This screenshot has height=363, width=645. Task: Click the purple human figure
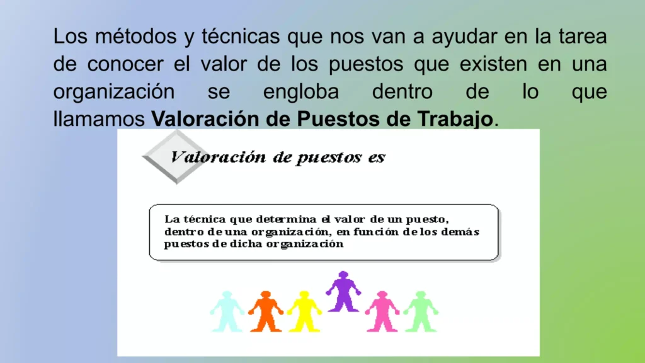click(343, 291)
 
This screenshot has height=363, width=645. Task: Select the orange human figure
click(265, 311)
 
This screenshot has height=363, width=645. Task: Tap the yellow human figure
click(304, 311)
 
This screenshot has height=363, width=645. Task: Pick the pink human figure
click(382, 311)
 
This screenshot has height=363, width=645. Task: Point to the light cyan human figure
click(227, 311)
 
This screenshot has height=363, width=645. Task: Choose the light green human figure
click(420, 311)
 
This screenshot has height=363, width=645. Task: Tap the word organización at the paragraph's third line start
click(114, 92)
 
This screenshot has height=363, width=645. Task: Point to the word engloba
click(301, 92)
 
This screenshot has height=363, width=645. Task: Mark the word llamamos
click(100, 118)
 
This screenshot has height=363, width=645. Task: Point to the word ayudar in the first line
click(462, 36)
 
